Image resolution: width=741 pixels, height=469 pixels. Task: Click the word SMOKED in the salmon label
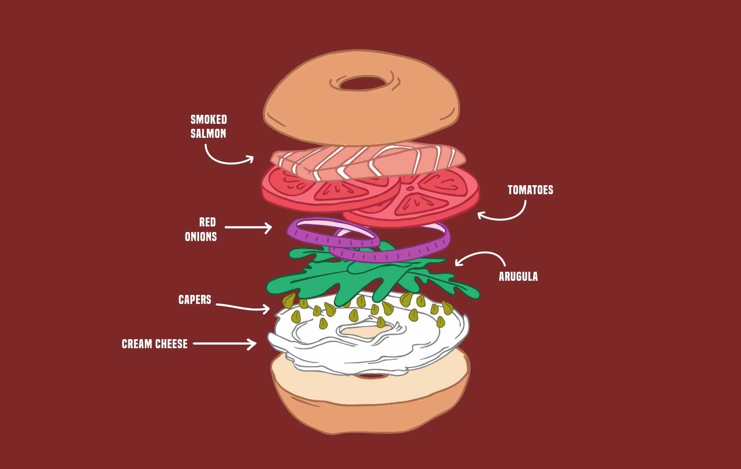tap(209, 119)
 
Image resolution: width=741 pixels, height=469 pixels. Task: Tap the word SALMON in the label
tap(209, 133)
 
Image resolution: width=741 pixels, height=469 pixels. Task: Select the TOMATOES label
tap(530, 190)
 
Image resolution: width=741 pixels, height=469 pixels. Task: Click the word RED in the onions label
tap(208, 222)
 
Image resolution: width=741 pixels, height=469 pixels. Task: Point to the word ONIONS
tap(201, 237)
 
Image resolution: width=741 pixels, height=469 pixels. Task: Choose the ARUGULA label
tap(518, 276)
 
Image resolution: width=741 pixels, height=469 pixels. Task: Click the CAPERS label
tap(195, 299)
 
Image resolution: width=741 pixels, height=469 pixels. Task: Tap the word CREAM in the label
tap(137, 344)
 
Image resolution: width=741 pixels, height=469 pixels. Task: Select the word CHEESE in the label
tap(171, 344)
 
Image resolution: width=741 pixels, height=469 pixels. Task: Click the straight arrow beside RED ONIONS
tap(248, 227)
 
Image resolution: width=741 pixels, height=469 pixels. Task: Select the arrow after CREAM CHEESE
tap(225, 344)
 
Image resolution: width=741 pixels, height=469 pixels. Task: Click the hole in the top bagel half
tap(362, 83)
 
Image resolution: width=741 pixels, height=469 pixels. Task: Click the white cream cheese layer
tap(367, 345)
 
